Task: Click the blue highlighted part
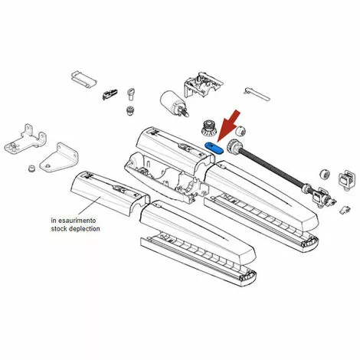click(x=214, y=148)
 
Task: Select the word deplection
click(x=84, y=228)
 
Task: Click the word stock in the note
click(x=59, y=228)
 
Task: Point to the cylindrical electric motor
click(x=174, y=103)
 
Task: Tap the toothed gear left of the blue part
click(x=208, y=129)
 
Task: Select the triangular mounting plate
click(x=59, y=158)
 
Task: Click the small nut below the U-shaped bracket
click(x=31, y=169)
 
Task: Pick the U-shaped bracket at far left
click(x=25, y=139)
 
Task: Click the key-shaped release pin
click(x=131, y=94)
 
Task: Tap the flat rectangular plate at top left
click(x=83, y=79)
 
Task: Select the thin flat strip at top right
click(x=257, y=94)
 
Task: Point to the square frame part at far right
click(x=346, y=179)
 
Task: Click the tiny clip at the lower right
click(x=345, y=209)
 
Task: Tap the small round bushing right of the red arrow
click(x=241, y=131)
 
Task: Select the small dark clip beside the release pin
click(x=110, y=94)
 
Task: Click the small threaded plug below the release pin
click(x=130, y=110)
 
